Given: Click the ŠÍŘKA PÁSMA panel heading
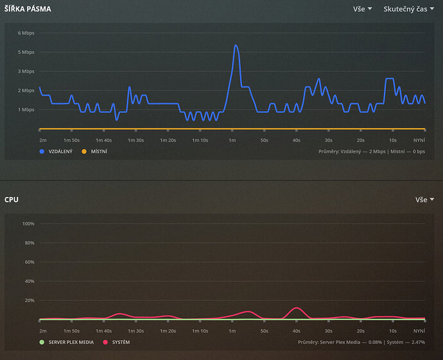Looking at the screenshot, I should click(28, 10).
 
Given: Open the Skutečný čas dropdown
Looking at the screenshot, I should click(409, 10).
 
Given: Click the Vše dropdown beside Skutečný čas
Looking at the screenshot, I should click(362, 10).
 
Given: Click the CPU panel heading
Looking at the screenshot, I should click(12, 200).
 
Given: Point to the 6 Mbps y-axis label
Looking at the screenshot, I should click(26, 33).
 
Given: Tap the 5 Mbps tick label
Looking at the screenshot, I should click(26, 52).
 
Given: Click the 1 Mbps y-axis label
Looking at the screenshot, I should click(26, 110).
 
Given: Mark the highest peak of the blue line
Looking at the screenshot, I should click(236, 45).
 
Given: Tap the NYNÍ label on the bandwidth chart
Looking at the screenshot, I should click(419, 139).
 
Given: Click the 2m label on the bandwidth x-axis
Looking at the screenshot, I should click(43, 139).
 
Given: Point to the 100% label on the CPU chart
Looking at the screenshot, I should click(28, 224).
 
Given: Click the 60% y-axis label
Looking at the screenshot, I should click(29, 262).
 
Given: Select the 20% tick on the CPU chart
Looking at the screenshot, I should click(29, 300).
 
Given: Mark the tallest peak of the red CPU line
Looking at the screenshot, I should click(295, 308).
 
